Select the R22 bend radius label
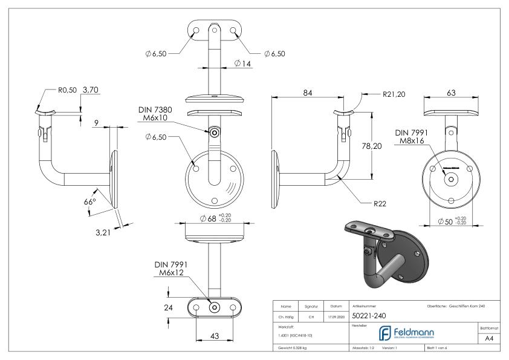tap(380, 203)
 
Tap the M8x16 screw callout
tap(410, 142)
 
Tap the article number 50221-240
tap(369, 316)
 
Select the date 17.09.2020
tap(337, 316)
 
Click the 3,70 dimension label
tap(90, 90)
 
